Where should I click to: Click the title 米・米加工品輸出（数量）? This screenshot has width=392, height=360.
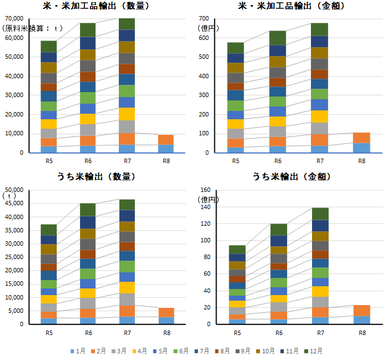(97, 7)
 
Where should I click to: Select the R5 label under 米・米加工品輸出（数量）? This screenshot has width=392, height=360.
(49, 161)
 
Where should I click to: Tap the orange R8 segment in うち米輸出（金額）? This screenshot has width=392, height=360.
(361, 310)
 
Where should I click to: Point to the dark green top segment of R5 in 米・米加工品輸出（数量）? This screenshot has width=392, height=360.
(49, 46)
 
